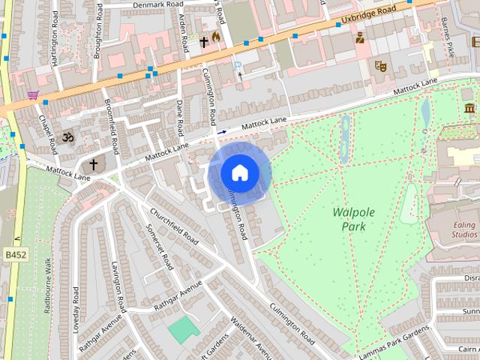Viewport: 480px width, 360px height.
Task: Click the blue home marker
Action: point(239,174)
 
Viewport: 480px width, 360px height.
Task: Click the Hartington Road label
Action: point(56,42)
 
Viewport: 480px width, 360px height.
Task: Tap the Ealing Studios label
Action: point(455,229)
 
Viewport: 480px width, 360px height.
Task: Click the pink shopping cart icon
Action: point(32,95)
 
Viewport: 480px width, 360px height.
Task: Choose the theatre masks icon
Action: point(380,66)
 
